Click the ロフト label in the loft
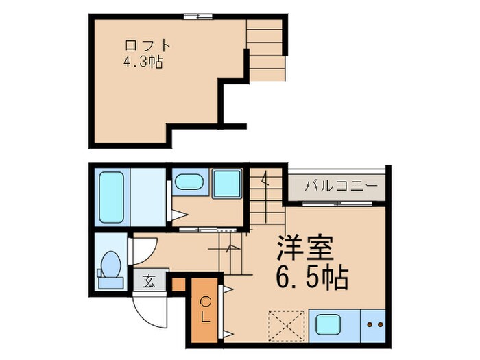[x=146, y=46]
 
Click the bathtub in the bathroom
[x=111, y=197]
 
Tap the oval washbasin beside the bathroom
[x=188, y=183]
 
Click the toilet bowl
[x=110, y=265]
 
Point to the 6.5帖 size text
[x=313, y=278]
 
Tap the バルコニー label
[x=333, y=186]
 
